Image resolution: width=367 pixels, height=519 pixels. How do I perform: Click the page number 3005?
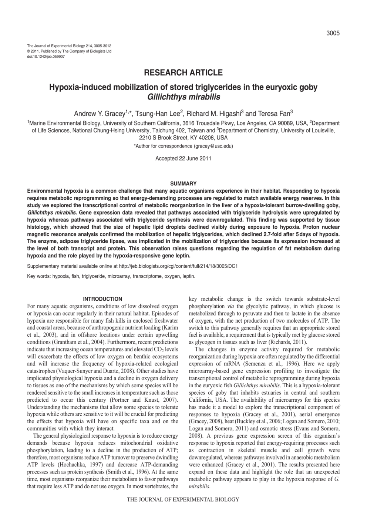coord(333,33)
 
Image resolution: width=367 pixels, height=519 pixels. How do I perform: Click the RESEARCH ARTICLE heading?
coord(183,73)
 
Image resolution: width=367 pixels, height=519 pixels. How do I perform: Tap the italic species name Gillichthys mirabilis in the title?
coord(183,97)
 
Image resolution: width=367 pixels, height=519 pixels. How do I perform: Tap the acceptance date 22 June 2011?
coord(195,158)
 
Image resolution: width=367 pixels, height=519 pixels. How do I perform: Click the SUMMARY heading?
coord(183,183)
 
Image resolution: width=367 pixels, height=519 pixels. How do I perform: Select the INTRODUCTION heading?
coord(102,299)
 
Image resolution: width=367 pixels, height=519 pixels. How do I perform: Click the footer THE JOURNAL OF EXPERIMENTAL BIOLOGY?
coord(183,499)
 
